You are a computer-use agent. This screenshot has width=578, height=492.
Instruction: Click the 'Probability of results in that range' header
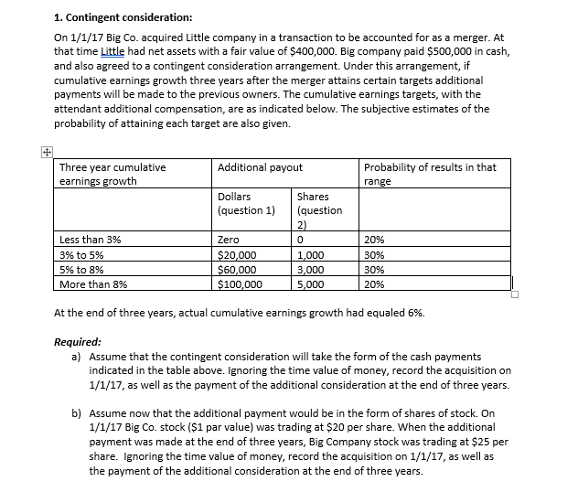(x=430, y=174)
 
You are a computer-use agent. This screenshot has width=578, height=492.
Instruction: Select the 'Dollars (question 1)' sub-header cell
(x=247, y=203)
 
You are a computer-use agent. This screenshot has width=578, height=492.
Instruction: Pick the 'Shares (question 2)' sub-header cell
(x=319, y=209)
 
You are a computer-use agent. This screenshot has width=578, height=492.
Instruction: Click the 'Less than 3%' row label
(x=90, y=240)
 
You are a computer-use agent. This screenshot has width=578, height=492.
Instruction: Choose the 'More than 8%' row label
(x=93, y=284)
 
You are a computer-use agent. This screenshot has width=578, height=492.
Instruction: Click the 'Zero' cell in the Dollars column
(x=230, y=240)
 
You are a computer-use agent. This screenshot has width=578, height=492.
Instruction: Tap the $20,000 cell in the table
(x=238, y=255)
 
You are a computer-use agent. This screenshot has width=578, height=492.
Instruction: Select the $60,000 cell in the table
(x=238, y=270)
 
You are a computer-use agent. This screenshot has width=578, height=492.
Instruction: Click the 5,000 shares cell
(x=313, y=284)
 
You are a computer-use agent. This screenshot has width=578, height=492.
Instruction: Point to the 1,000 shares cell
(x=313, y=255)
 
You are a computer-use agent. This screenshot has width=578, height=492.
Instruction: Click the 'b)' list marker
(x=77, y=412)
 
